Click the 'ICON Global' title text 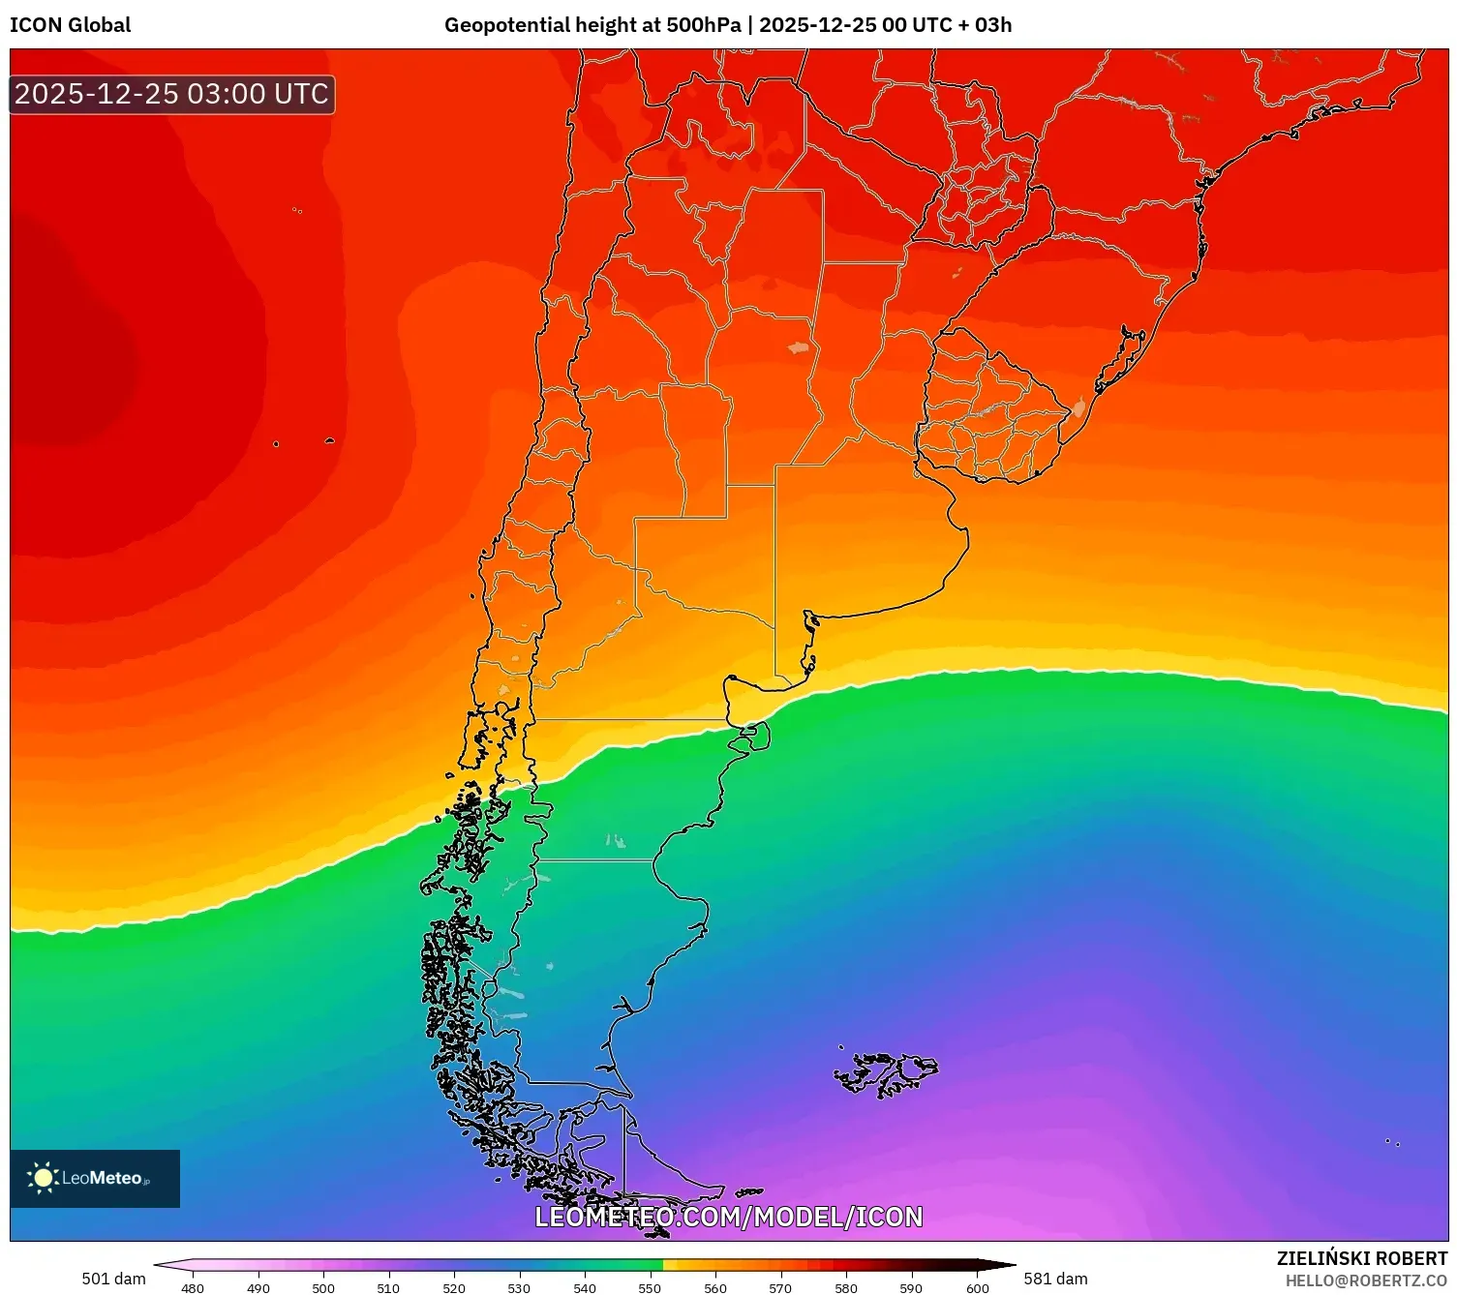[x=70, y=25]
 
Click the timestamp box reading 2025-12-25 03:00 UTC [x=171, y=94]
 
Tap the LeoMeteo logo [x=94, y=1178]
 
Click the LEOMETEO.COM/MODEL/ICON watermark [x=728, y=1217]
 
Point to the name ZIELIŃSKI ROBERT [x=1361, y=1258]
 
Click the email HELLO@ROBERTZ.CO [x=1365, y=1280]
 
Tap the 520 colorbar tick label [x=454, y=1288]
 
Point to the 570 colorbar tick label [x=780, y=1288]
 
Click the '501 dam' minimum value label [x=113, y=1279]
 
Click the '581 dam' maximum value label [x=1055, y=1279]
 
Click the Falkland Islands [x=886, y=1072]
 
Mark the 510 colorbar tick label [x=388, y=1288]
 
